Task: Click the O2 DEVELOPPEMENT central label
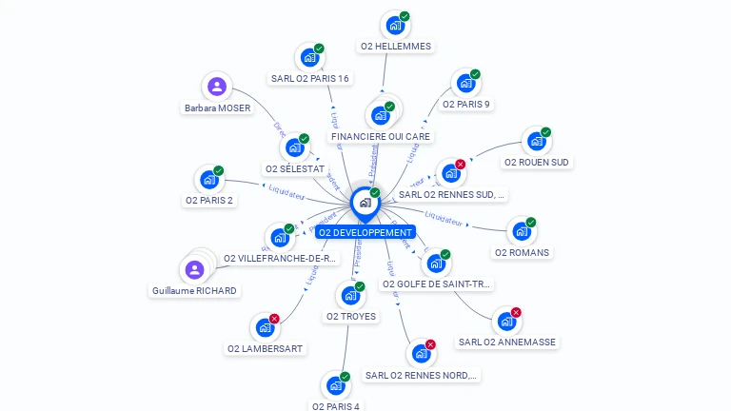pos(365,232)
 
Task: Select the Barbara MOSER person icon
pos(217,87)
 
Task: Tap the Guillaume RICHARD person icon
pos(194,269)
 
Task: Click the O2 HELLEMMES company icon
pos(394,26)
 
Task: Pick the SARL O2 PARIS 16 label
pos(309,78)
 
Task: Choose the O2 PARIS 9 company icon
pos(464,84)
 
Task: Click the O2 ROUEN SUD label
pos(537,162)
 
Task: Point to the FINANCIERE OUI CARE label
pos(381,136)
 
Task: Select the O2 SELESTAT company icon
pos(294,147)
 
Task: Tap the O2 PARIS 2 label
pos(209,200)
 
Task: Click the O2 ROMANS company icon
pos(520,231)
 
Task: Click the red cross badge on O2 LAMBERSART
pos(274,319)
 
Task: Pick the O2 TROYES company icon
pos(349,295)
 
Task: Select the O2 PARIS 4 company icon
pos(334,385)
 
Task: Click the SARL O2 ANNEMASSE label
pos(506,342)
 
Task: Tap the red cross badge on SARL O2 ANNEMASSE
pos(516,312)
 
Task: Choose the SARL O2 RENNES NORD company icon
pos(420,354)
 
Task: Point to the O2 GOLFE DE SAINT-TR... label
pos(437,284)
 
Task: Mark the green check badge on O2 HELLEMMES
pos(405,16)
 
